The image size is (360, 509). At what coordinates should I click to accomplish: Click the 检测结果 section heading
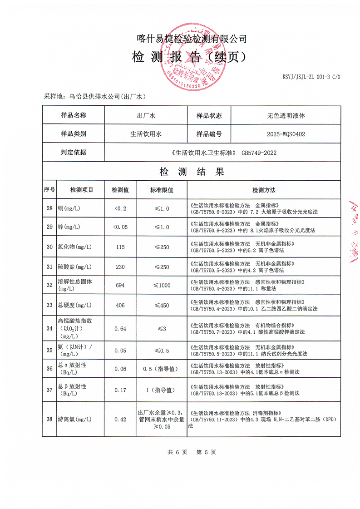[192, 172]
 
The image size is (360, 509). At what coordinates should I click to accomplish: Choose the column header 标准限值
[162, 190]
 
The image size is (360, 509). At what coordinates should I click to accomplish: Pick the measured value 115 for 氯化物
[120, 247]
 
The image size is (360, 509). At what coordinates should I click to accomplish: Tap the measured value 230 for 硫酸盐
[120, 267]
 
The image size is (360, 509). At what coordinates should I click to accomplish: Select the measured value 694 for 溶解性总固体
[120, 285]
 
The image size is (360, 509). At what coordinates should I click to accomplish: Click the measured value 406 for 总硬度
[120, 305]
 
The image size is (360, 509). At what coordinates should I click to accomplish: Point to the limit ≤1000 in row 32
[162, 285]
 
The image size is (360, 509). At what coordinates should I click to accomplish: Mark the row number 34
[49, 328]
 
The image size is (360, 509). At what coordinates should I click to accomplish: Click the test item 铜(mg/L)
[69, 208]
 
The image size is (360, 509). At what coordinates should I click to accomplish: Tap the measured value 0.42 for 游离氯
[120, 419]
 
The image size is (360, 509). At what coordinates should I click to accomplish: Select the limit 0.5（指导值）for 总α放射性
[162, 369]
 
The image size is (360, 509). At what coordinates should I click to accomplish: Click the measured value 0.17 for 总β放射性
[120, 390]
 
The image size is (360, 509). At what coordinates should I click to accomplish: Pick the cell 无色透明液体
[286, 115]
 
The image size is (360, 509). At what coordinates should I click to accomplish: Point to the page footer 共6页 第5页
[192, 452]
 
